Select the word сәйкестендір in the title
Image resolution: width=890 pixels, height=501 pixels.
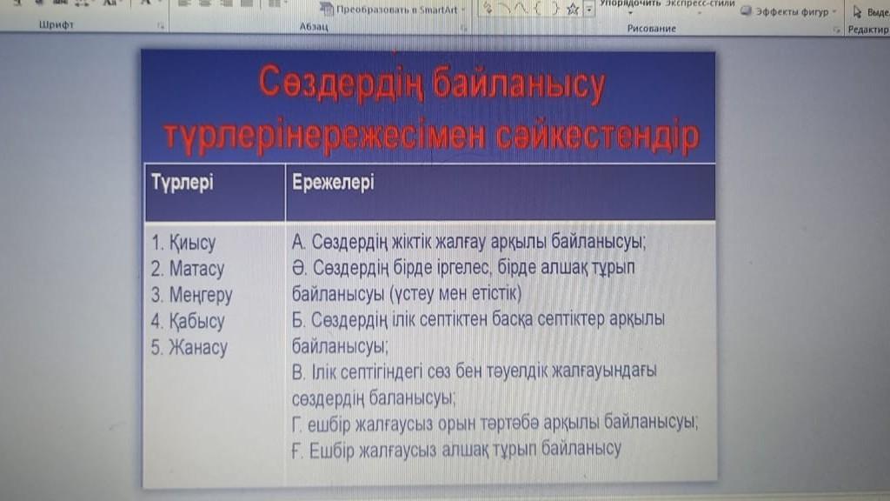pos(598,136)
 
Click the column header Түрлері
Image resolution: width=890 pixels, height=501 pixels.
pos(183,183)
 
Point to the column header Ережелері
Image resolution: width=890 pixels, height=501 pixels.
pos(333,183)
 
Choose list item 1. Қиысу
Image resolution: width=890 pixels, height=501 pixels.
pos(183,243)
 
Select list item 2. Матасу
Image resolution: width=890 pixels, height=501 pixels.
pos(188,269)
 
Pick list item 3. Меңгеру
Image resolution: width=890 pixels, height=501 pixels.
pos(191,295)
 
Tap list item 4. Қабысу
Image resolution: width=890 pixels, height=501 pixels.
pos(188,321)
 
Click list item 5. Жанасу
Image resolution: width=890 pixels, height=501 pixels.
pos(189,347)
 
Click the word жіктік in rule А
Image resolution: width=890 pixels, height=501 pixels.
pos(411,242)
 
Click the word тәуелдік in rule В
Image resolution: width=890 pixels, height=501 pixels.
pos(519,371)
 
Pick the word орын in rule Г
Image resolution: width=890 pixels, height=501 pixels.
pos(458,424)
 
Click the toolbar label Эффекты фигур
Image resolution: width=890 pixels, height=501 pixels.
pos(792,11)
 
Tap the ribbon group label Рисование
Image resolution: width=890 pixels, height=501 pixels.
pos(652,29)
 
